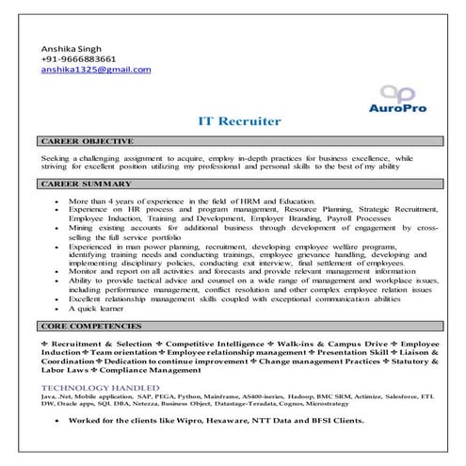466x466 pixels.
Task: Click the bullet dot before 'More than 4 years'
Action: coord(58,201)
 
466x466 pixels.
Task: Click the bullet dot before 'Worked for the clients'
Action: coord(58,423)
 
